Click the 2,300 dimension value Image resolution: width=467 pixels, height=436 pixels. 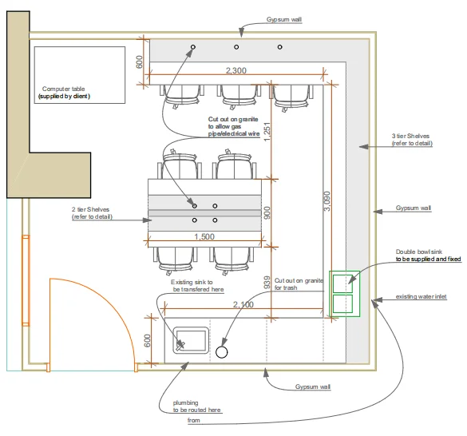tap(236, 70)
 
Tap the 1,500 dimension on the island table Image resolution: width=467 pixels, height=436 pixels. tap(204, 236)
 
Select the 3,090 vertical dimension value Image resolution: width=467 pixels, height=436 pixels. tap(327, 201)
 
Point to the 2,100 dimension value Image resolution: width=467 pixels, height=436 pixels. tap(243, 304)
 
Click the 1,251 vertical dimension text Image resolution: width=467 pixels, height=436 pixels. tap(267, 132)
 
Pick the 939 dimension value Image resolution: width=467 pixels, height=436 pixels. tap(267, 283)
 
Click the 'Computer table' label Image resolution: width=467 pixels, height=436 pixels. tap(63, 89)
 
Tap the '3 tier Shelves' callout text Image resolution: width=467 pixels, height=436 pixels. tap(410, 136)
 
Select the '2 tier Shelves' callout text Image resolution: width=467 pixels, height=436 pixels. tap(90, 209)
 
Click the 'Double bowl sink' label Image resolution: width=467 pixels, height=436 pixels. tap(419, 252)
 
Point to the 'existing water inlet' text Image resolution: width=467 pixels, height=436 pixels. tap(421, 296)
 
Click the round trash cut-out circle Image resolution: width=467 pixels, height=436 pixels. tap(222, 352)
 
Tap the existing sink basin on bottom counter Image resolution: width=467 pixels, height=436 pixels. tap(191, 340)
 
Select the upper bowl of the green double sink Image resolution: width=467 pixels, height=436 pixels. tap(342, 283)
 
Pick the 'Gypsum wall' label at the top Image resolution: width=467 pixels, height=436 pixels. tap(284, 20)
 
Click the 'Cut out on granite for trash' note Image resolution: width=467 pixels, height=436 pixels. tap(299, 284)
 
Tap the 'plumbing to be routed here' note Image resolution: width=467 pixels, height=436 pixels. tap(196, 406)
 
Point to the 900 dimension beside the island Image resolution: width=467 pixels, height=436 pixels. tap(267, 212)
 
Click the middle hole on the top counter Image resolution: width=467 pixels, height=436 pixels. tap(236, 47)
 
